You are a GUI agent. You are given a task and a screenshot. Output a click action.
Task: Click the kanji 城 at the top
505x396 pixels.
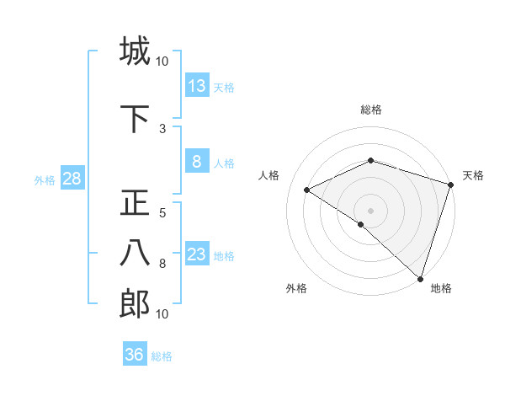click(135, 51)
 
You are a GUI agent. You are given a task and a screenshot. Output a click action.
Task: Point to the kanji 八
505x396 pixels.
click(135, 254)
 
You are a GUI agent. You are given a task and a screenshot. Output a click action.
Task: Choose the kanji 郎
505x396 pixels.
click(135, 305)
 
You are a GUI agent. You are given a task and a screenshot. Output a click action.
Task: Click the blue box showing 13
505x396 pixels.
click(197, 86)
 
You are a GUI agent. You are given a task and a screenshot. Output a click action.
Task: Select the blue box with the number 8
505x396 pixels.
click(197, 162)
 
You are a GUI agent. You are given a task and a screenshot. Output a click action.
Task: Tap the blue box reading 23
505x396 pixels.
click(197, 254)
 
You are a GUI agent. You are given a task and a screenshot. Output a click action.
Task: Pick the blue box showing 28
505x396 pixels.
click(72, 179)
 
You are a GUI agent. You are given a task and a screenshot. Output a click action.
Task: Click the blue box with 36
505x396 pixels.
click(134, 355)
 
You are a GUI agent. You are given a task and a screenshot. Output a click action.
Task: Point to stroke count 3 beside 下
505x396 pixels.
click(162, 128)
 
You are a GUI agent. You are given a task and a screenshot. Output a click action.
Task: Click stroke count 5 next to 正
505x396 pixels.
click(162, 213)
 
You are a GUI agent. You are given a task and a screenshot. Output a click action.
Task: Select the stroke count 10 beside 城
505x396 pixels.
click(162, 61)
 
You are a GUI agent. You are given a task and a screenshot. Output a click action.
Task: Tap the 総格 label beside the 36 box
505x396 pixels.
click(162, 356)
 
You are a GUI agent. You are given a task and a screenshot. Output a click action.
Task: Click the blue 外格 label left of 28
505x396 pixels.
click(45, 180)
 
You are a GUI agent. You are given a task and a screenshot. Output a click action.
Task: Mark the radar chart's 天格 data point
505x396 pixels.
click(451, 185)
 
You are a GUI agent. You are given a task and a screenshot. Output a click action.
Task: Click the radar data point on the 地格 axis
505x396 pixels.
click(419, 278)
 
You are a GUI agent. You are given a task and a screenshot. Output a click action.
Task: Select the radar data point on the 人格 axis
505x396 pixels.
click(307, 190)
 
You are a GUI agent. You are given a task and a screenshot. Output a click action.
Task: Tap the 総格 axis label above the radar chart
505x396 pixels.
click(371, 110)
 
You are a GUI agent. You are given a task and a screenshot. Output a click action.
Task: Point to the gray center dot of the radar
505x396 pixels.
click(370, 210)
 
